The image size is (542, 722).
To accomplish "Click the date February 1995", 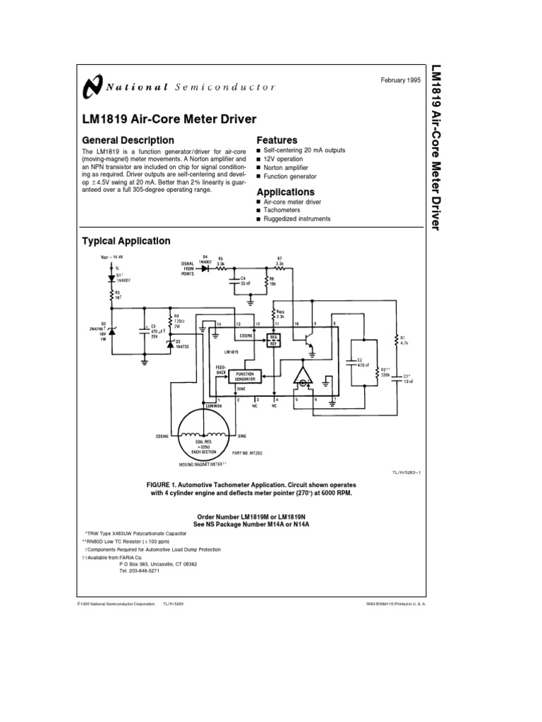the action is pos(399,81).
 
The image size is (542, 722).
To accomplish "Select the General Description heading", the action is pos(128,140).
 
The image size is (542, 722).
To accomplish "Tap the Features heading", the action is pos(277,140).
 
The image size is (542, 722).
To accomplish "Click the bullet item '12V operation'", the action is pos(286,159).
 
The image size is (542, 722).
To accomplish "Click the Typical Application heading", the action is pos(126,241).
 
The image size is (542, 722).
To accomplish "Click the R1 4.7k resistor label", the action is pos(403,340).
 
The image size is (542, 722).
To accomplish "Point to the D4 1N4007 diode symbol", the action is pos(205,269).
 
